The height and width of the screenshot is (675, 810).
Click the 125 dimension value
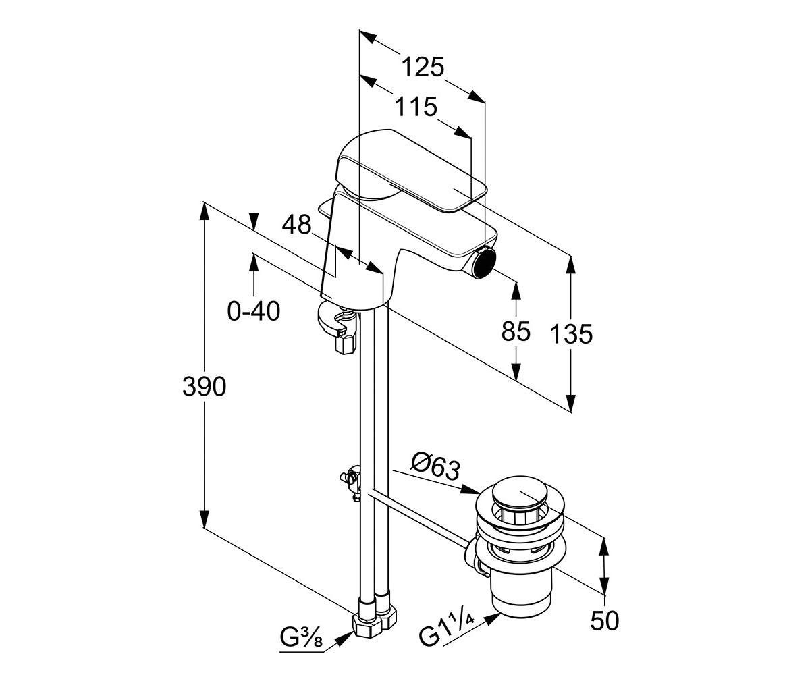[x=423, y=67]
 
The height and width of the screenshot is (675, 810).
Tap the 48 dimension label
[x=296, y=224]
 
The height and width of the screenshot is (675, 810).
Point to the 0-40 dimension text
[x=254, y=311]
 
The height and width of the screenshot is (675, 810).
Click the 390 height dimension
[x=204, y=386]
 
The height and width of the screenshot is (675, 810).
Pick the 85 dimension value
[x=516, y=331]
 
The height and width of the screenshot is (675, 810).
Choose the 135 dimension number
[x=572, y=334]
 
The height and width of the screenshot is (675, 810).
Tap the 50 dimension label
[x=605, y=621]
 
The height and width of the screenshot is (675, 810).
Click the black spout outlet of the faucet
[x=486, y=263]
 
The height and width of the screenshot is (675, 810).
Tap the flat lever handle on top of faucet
[x=411, y=171]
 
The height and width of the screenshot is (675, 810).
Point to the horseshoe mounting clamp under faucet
[x=337, y=323]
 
